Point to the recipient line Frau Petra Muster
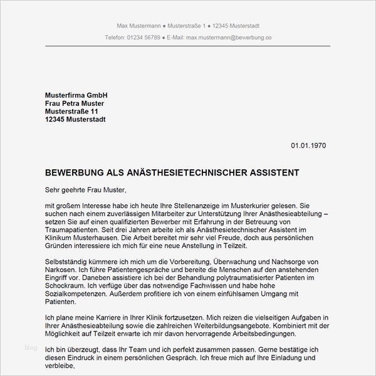[x=75, y=103]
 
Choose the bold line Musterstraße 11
[x=71, y=111]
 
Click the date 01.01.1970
[x=308, y=145]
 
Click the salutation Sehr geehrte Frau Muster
[x=86, y=189]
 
